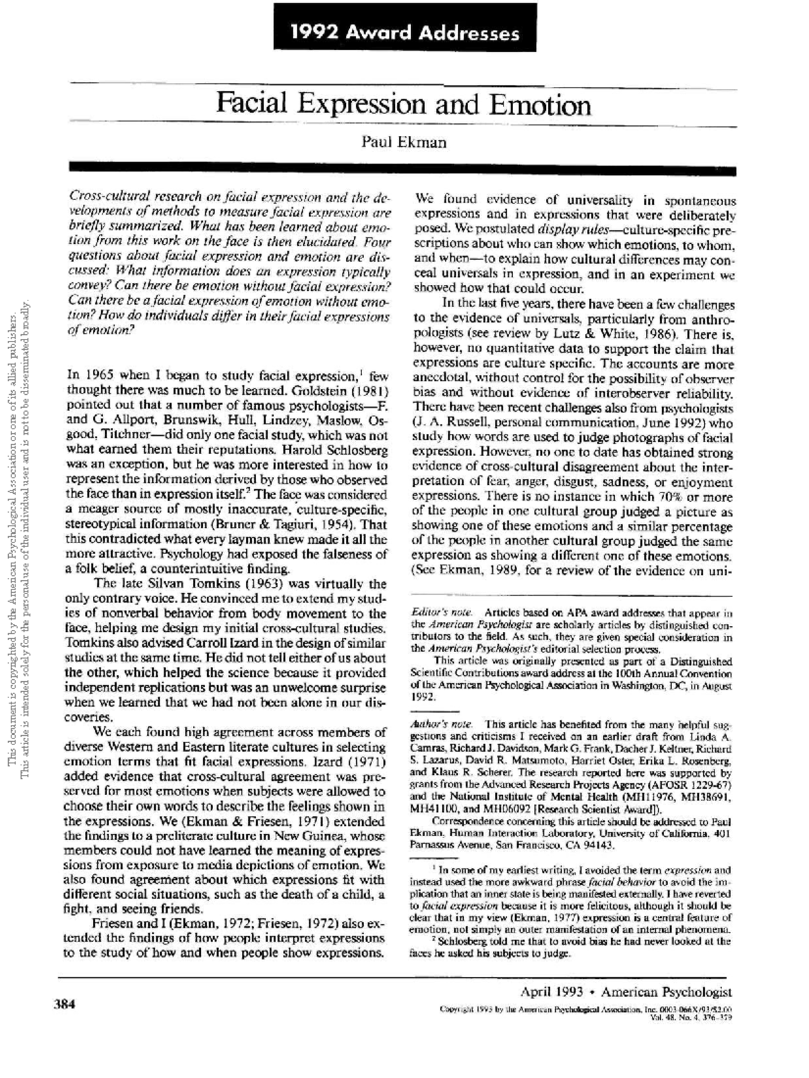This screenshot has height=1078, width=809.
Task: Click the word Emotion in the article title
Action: click(x=539, y=106)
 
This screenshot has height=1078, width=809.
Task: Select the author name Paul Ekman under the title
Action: click(x=404, y=142)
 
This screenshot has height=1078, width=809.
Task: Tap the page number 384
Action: click(x=65, y=1005)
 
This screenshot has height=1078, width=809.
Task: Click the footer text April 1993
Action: click(x=551, y=992)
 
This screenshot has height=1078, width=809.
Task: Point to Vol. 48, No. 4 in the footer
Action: click(x=675, y=1017)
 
